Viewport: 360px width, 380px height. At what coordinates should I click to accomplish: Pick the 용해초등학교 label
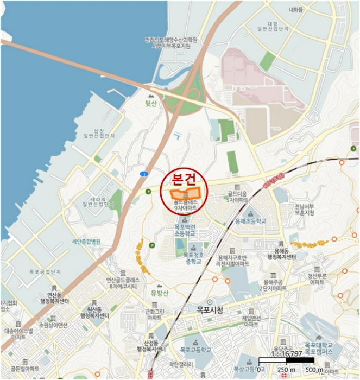pos(250,221)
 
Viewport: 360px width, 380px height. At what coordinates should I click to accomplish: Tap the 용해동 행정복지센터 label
pos(281,253)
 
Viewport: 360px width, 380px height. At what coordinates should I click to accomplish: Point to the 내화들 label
pos(295,9)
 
